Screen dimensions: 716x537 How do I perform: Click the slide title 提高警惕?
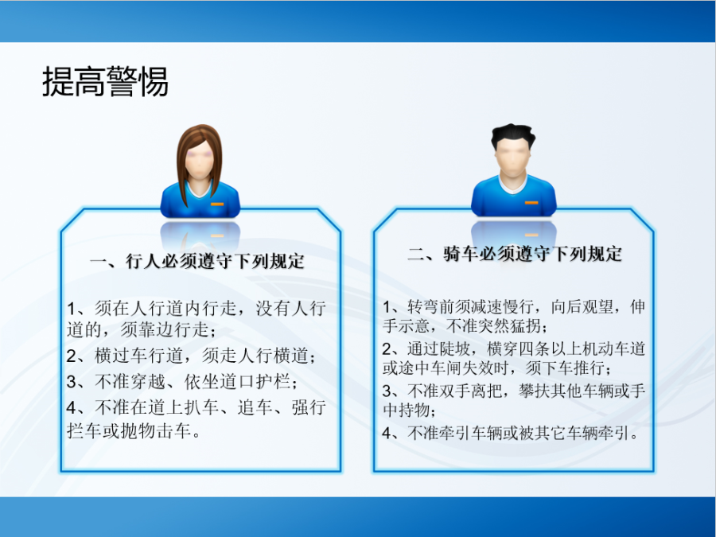pos(106,82)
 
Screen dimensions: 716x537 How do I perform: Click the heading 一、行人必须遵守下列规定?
pos(197,261)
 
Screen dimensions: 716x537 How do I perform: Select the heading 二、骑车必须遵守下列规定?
pos(515,254)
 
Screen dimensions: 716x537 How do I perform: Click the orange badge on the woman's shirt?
pos(217,204)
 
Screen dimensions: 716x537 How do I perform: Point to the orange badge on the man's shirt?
pos(531,202)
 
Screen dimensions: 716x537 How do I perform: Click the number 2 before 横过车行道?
pos(72,356)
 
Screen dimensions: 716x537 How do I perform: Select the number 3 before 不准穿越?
pos(72,382)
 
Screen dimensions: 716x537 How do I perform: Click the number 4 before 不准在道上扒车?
pos(72,407)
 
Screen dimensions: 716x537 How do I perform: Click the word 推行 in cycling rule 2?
pos(588,368)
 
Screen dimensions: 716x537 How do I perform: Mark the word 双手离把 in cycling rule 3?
pos(471,391)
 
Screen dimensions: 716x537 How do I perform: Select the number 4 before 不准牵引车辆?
pos(387,433)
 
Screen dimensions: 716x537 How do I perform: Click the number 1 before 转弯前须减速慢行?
pos(387,307)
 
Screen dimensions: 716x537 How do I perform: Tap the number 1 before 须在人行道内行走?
pos(72,309)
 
